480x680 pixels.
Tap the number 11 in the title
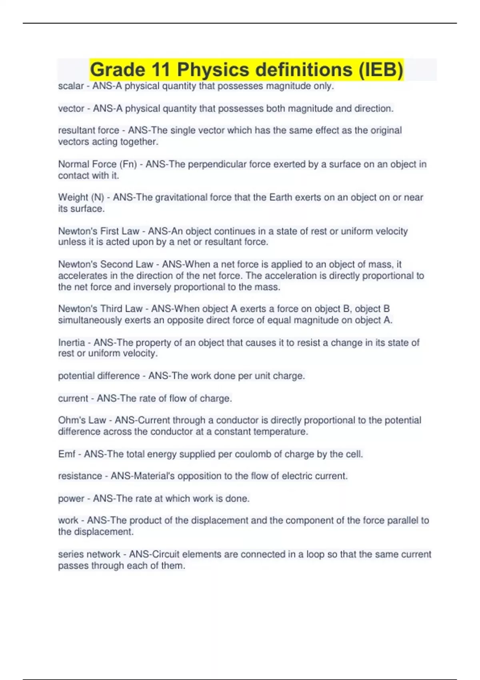[162, 70]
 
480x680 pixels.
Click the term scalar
[71, 86]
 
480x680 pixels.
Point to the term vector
[71, 108]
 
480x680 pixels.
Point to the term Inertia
[72, 342]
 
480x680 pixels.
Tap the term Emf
[66, 454]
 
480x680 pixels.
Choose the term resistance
[80, 476]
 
